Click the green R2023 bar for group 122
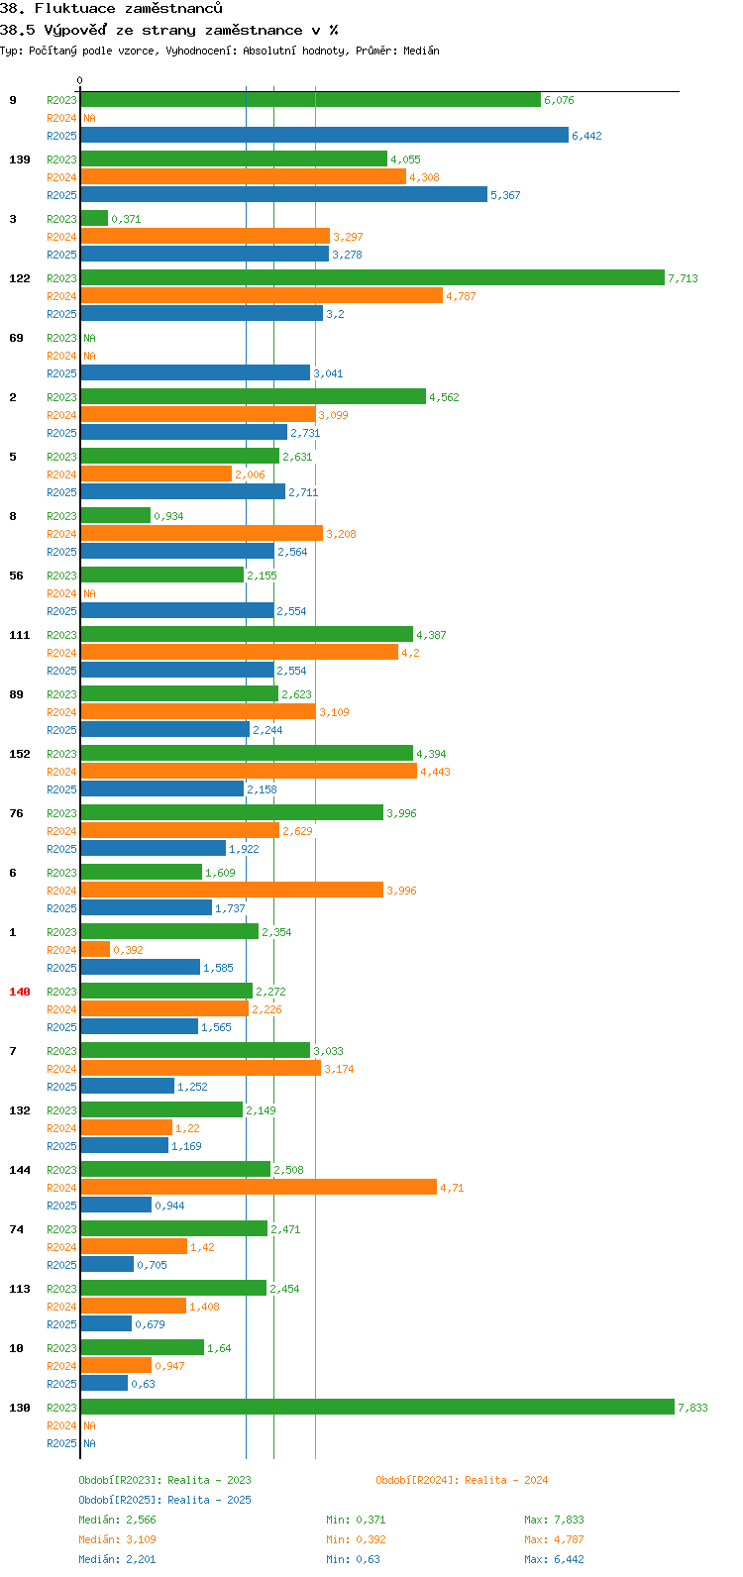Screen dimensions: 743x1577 click(372, 278)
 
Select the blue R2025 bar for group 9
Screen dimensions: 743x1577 click(325, 135)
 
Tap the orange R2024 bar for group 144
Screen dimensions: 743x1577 click(259, 1188)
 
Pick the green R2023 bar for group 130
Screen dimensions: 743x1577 click(377, 1408)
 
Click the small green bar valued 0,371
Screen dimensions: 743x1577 click(94, 219)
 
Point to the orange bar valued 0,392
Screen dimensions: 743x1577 click(95, 950)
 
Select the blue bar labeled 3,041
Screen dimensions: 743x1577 click(195, 373)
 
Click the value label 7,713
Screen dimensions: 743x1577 click(684, 278)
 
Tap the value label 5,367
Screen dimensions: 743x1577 click(505, 196)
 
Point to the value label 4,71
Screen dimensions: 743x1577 click(452, 1189)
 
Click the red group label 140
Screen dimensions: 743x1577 click(20, 992)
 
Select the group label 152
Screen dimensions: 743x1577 click(20, 754)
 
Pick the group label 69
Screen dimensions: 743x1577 click(16, 338)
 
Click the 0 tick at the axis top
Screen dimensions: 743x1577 click(79, 81)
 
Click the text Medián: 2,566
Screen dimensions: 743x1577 click(117, 1520)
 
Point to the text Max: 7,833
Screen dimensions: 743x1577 click(554, 1520)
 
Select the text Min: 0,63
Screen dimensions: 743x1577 click(353, 1559)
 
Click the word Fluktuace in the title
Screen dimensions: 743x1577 click(75, 9)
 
